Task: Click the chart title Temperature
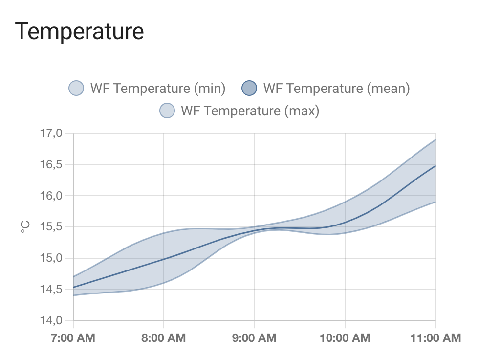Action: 80,31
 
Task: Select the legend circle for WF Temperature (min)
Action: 77,89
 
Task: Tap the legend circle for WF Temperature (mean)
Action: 250,89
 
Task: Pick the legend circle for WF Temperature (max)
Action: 168,111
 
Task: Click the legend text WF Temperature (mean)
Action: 336,89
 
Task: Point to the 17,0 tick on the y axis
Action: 51,133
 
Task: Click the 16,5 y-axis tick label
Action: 51,164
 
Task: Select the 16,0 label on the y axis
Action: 51,196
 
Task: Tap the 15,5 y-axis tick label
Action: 51,227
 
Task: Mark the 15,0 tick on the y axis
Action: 51,258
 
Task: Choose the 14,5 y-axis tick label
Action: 51,289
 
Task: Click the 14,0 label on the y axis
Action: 51,320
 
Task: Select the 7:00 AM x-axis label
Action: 73,338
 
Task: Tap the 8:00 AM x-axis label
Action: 164,338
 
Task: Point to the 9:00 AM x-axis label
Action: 255,338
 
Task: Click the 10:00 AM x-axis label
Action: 345,338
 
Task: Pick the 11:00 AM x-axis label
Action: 435,338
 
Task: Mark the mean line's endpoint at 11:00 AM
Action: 435,166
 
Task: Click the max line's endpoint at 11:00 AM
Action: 435,139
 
